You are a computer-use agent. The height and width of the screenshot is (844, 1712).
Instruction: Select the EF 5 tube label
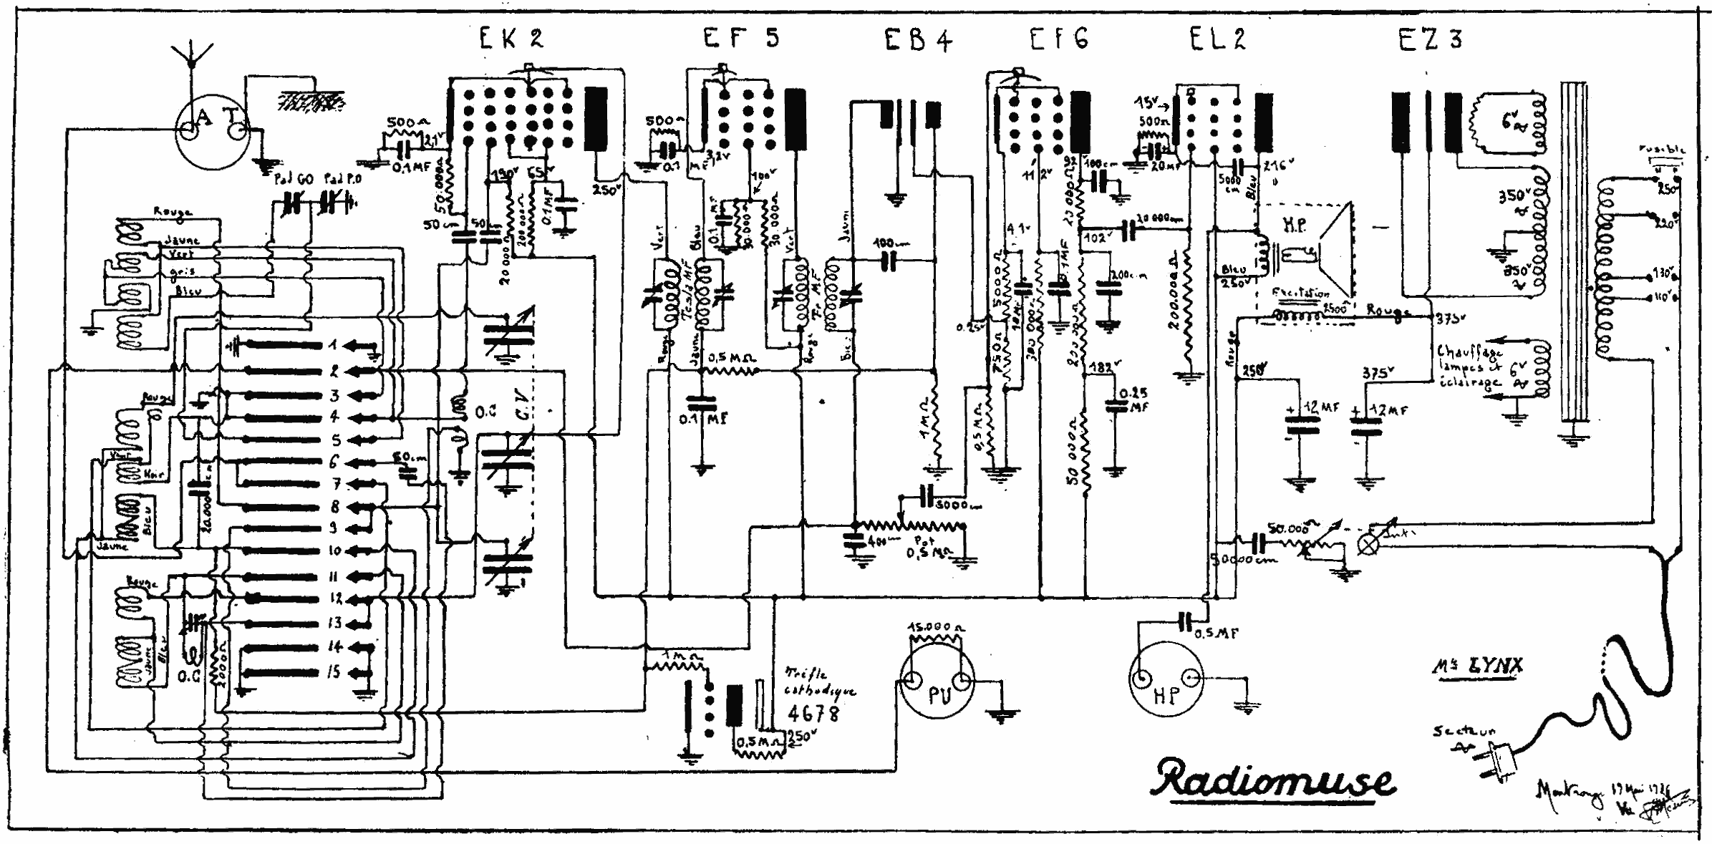tap(740, 37)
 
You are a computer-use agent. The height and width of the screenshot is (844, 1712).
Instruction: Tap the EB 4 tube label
tap(918, 40)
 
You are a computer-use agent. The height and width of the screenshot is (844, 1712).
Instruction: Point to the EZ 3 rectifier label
tap(1429, 39)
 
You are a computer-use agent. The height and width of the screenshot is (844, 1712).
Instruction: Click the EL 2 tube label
tap(1218, 39)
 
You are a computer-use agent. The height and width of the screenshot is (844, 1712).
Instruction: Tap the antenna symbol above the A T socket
tap(192, 50)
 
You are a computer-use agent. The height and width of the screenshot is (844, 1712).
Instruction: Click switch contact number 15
tap(334, 672)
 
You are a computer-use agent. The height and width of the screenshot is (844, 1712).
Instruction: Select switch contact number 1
tap(333, 346)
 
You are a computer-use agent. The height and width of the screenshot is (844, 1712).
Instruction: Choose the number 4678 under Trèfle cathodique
tap(813, 713)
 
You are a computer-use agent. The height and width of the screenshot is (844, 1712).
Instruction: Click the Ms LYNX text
tap(1478, 666)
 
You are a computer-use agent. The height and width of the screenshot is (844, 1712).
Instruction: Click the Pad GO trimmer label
tap(294, 179)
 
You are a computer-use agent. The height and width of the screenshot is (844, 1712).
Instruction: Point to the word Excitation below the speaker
tap(1301, 293)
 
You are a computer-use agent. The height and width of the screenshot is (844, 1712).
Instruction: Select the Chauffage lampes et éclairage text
tap(1469, 365)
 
